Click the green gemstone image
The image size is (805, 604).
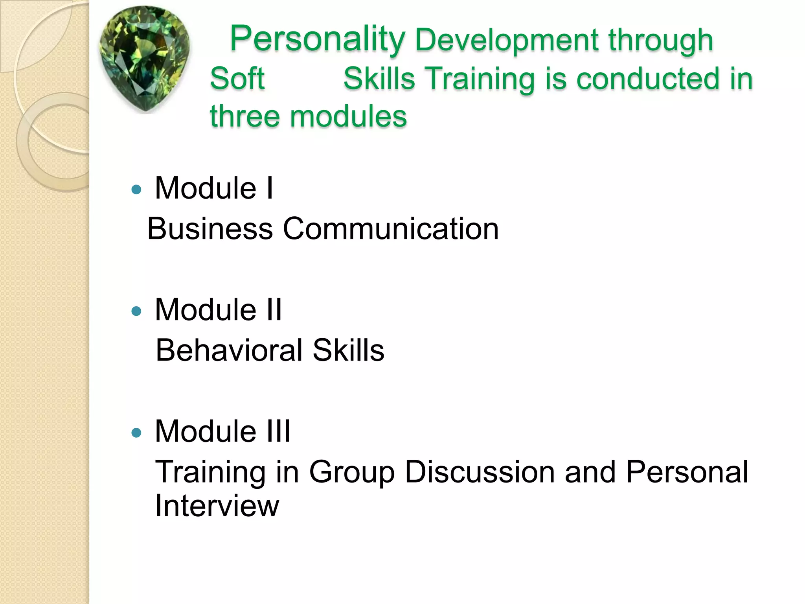pyautogui.click(x=145, y=59)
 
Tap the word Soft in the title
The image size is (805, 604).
pyautogui.click(x=237, y=78)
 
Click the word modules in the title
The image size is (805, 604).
pyautogui.click(x=348, y=117)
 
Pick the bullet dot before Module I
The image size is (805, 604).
pyautogui.click(x=136, y=190)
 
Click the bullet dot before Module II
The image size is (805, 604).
pyautogui.click(x=136, y=311)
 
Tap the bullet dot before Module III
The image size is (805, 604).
pyautogui.click(x=136, y=433)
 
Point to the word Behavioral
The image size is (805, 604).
pyautogui.click(x=229, y=350)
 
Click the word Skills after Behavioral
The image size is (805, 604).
pyautogui.click(x=348, y=350)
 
